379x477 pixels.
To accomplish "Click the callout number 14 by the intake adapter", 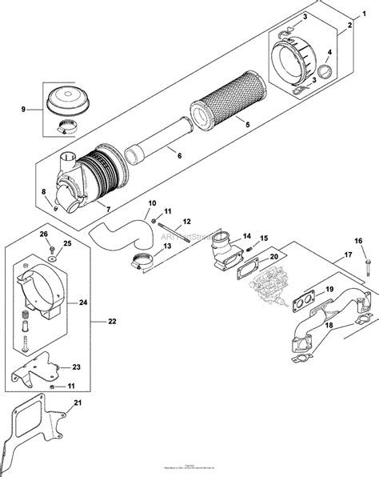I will (246, 236).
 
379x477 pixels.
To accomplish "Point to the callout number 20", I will (274, 257).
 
